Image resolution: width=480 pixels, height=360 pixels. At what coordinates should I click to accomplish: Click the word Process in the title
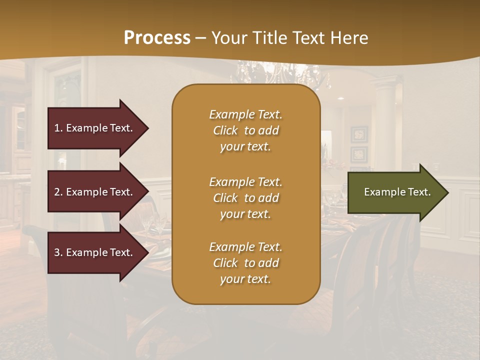[x=157, y=38]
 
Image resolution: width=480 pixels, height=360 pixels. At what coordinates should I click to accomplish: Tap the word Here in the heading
[x=348, y=38]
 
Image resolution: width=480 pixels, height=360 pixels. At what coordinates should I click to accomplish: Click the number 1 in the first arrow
[x=57, y=128]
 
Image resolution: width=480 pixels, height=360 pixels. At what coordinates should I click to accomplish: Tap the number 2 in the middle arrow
[x=57, y=192]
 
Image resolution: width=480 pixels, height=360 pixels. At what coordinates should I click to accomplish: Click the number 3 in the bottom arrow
[x=57, y=252]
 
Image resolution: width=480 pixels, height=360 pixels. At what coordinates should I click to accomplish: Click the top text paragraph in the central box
[x=245, y=130]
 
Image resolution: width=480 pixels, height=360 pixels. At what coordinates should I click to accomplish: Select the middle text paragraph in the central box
[x=245, y=198]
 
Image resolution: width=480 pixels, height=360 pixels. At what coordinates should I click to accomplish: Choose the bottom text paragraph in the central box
[x=245, y=263]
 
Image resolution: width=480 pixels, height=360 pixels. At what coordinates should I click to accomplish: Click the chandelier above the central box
[x=280, y=75]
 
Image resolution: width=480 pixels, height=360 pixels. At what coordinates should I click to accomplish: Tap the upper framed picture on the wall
[x=359, y=134]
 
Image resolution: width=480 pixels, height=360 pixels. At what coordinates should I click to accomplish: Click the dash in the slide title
[x=200, y=38]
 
